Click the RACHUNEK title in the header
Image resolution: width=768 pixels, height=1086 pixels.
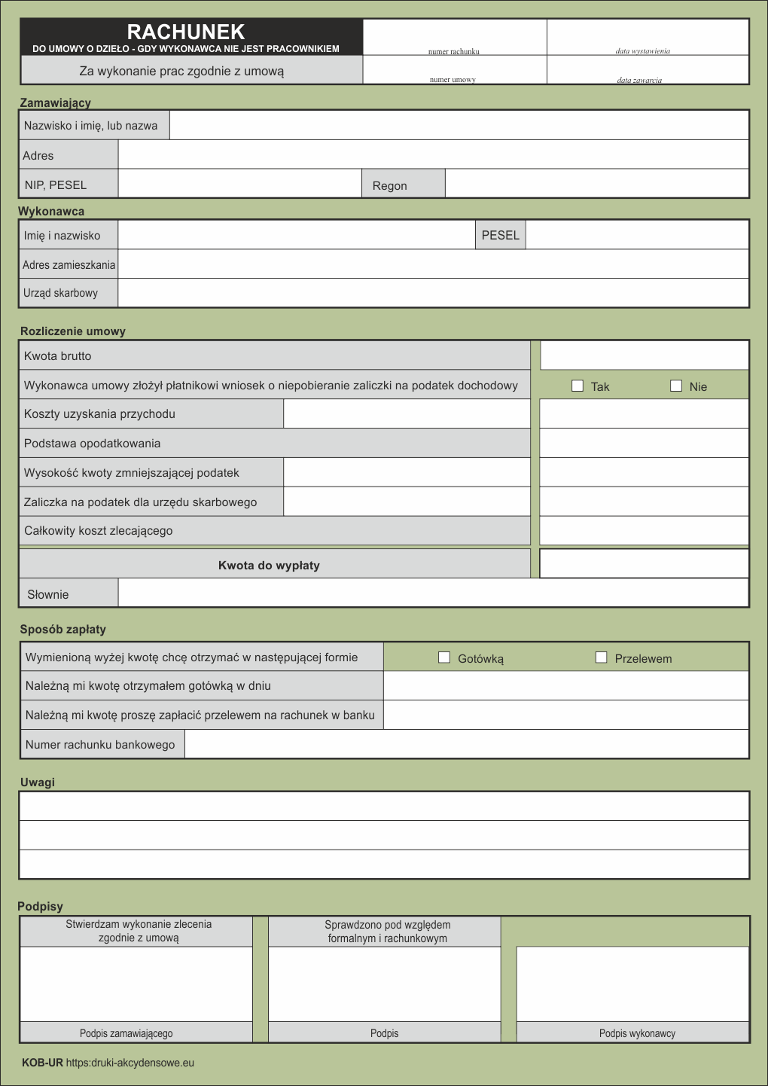pos(186,32)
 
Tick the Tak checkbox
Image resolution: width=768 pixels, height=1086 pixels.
pos(578,386)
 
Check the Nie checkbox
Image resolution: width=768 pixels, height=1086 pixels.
pos(676,386)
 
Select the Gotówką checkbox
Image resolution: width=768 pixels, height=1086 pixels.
pos(444,657)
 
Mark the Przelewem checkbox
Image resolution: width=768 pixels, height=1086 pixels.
pos(601,657)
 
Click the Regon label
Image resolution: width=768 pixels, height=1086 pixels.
pos(389,185)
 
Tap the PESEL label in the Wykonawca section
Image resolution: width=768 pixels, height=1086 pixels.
pos(500,235)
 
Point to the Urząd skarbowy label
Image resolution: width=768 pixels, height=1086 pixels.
pos(60,293)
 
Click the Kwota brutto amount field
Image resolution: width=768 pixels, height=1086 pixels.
pos(645,355)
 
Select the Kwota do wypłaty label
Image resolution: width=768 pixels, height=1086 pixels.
pos(269,565)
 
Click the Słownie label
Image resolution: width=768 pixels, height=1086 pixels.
pos(48,594)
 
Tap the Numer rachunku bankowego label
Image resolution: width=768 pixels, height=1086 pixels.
pos(100,744)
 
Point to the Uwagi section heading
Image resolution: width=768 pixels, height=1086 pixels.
pos(38,782)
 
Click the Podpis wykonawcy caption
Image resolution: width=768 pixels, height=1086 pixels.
pos(637,1033)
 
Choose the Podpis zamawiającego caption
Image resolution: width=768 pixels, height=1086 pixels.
pos(126,1033)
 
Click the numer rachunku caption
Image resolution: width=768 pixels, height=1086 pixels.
pos(453,51)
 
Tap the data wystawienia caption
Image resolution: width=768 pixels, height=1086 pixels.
pos(642,51)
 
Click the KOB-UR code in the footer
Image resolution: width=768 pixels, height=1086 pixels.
pos(42,1063)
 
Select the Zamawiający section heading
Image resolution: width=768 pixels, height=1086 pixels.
pos(55,102)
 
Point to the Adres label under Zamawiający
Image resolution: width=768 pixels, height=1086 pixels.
pos(38,155)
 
